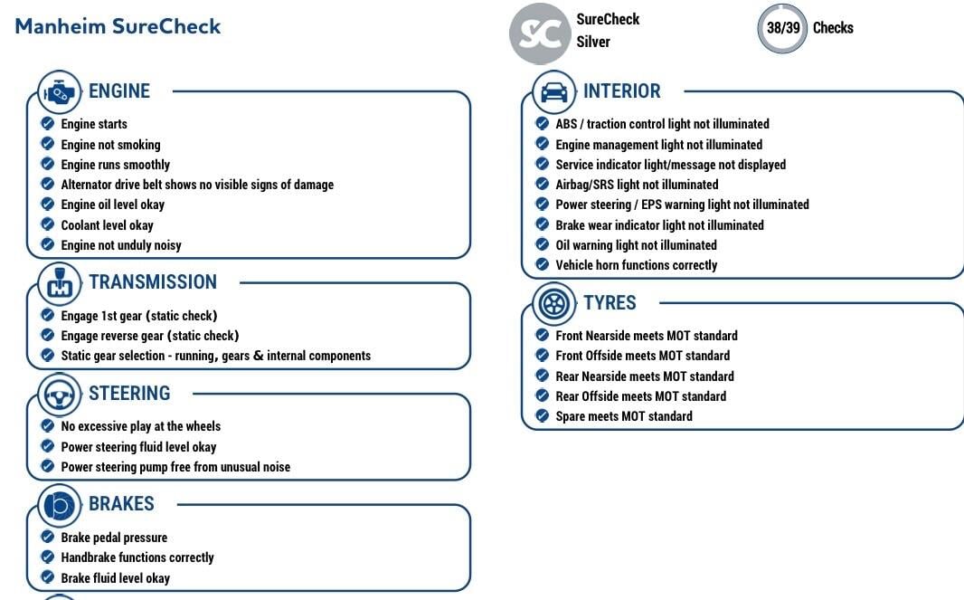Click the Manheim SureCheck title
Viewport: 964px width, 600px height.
[118, 26]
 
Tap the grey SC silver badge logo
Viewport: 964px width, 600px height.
[540, 33]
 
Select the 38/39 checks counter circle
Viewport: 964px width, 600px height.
[782, 28]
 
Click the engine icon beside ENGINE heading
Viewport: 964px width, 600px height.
[60, 92]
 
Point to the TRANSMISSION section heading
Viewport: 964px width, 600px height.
[153, 282]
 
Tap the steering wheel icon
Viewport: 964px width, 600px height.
[60, 394]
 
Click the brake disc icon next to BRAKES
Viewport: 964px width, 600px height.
[60, 505]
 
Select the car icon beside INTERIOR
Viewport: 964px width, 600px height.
[554, 92]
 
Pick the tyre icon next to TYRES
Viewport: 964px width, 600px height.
[554, 304]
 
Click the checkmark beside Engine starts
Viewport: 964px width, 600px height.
[48, 124]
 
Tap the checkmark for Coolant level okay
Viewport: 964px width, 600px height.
[48, 225]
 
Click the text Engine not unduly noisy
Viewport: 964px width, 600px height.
[121, 245]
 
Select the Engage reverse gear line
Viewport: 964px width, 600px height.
[150, 336]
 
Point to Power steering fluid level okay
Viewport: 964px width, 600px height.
[138, 447]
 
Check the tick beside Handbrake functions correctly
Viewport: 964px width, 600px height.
[48, 557]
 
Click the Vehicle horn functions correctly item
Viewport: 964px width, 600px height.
[636, 265]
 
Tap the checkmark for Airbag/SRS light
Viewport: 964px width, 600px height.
[543, 185]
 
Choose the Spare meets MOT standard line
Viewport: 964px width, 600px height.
[624, 416]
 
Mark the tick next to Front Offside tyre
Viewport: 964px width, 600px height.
[543, 356]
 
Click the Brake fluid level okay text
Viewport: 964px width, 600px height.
[115, 578]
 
